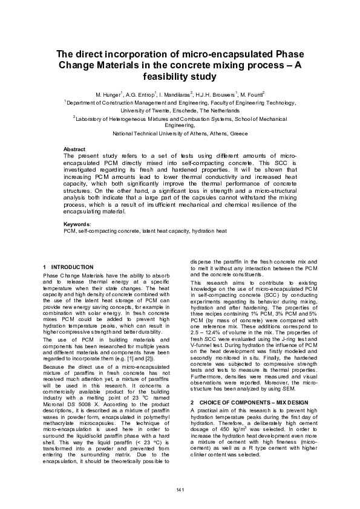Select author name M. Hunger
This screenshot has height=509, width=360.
(x=108, y=95)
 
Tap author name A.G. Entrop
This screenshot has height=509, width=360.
(x=140, y=95)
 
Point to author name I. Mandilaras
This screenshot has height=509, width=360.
(x=176, y=95)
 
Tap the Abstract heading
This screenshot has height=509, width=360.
(x=74, y=149)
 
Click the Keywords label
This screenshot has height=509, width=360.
(x=77, y=224)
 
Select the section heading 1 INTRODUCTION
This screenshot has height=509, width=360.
(x=68, y=267)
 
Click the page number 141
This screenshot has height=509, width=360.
(x=180, y=488)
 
